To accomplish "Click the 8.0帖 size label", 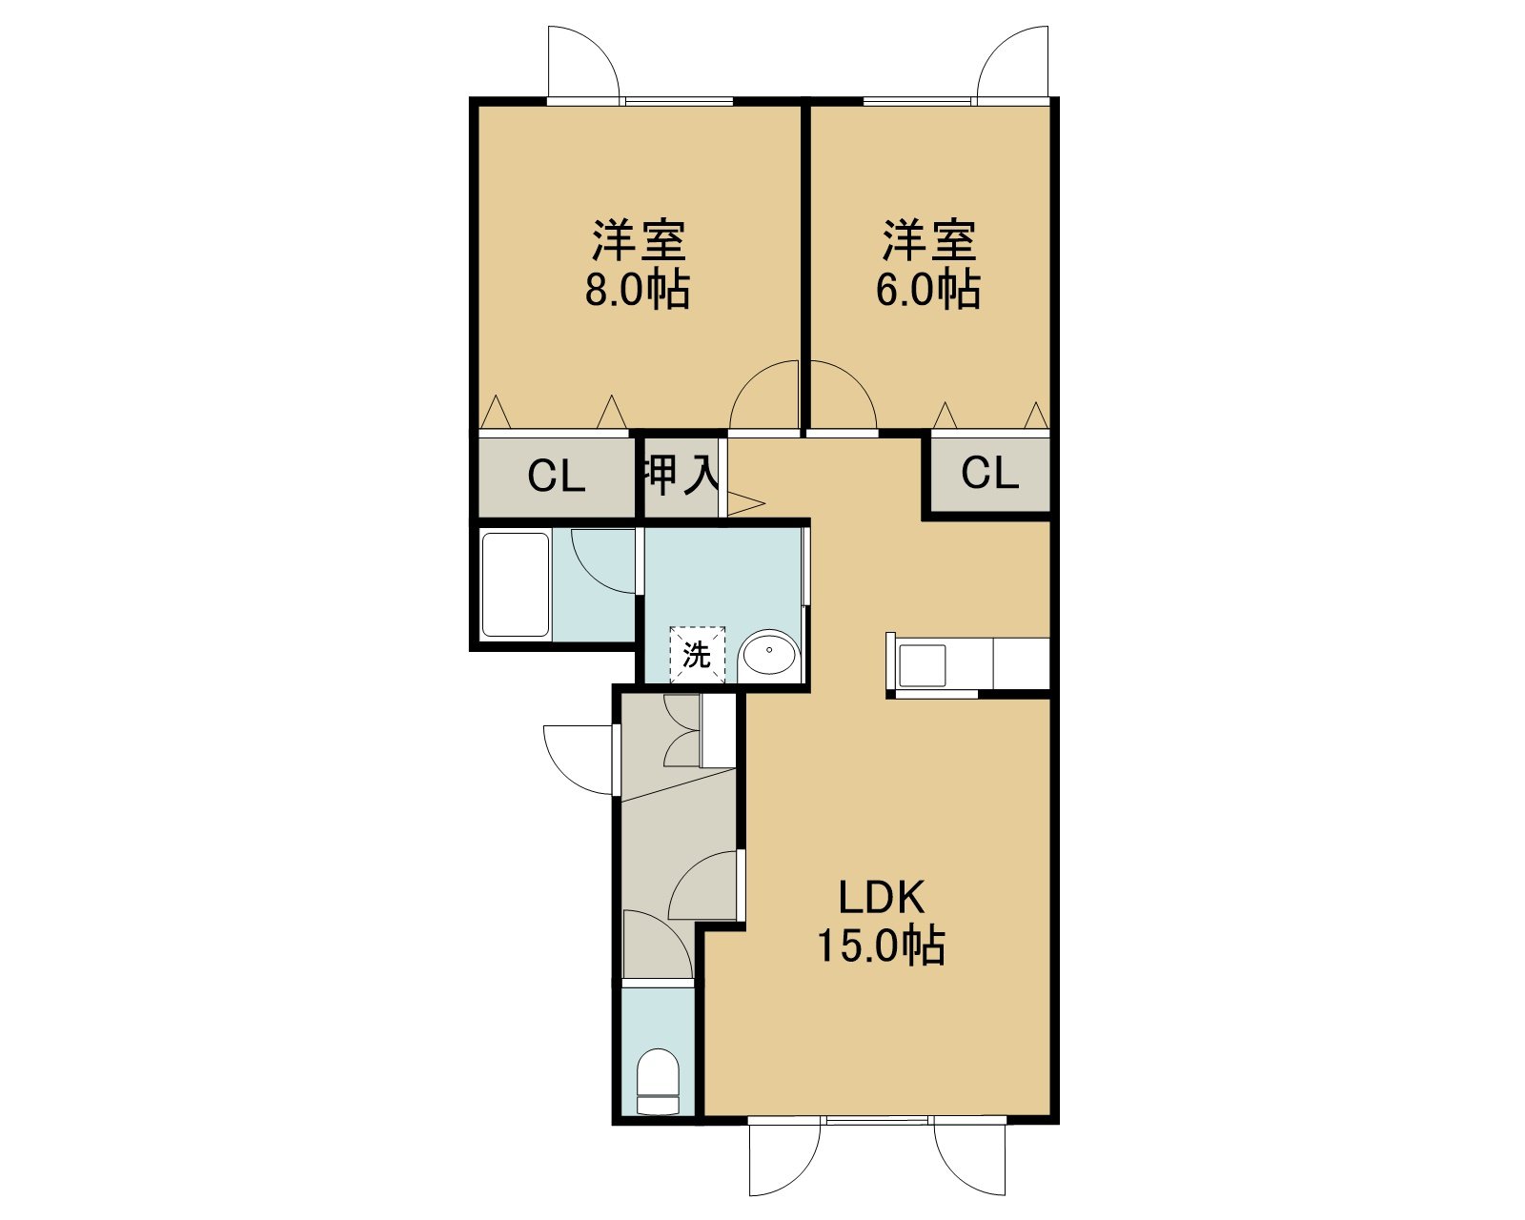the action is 637,290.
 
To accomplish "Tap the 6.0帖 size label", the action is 927,290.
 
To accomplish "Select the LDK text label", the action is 882,898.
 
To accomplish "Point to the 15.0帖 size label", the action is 881,945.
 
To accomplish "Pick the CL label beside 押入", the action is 557,477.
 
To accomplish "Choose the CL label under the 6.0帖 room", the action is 989,472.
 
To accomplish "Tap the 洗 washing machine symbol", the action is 698,654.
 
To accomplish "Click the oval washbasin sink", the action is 768,652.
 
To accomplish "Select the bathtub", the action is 516,585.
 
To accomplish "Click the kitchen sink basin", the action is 922,665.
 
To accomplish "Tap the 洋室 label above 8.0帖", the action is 639,241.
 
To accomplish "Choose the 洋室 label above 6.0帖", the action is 929,241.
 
